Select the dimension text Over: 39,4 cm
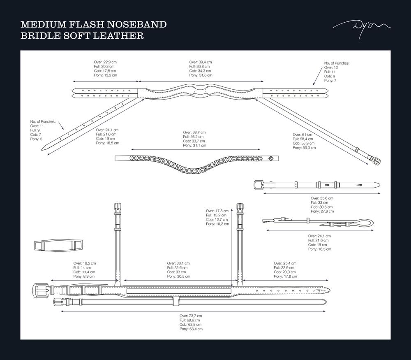[201, 62]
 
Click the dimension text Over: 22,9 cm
[105, 62]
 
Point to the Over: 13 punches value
[331, 67]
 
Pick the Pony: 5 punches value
[36, 139]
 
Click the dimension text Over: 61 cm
[302, 135]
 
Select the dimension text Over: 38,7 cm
[194, 132]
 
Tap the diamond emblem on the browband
[271, 158]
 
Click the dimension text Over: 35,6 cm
[322, 198]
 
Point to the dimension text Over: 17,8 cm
[217, 211]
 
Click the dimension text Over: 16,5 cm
[85, 263]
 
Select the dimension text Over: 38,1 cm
[178, 263]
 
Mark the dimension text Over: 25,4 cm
[285, 263]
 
